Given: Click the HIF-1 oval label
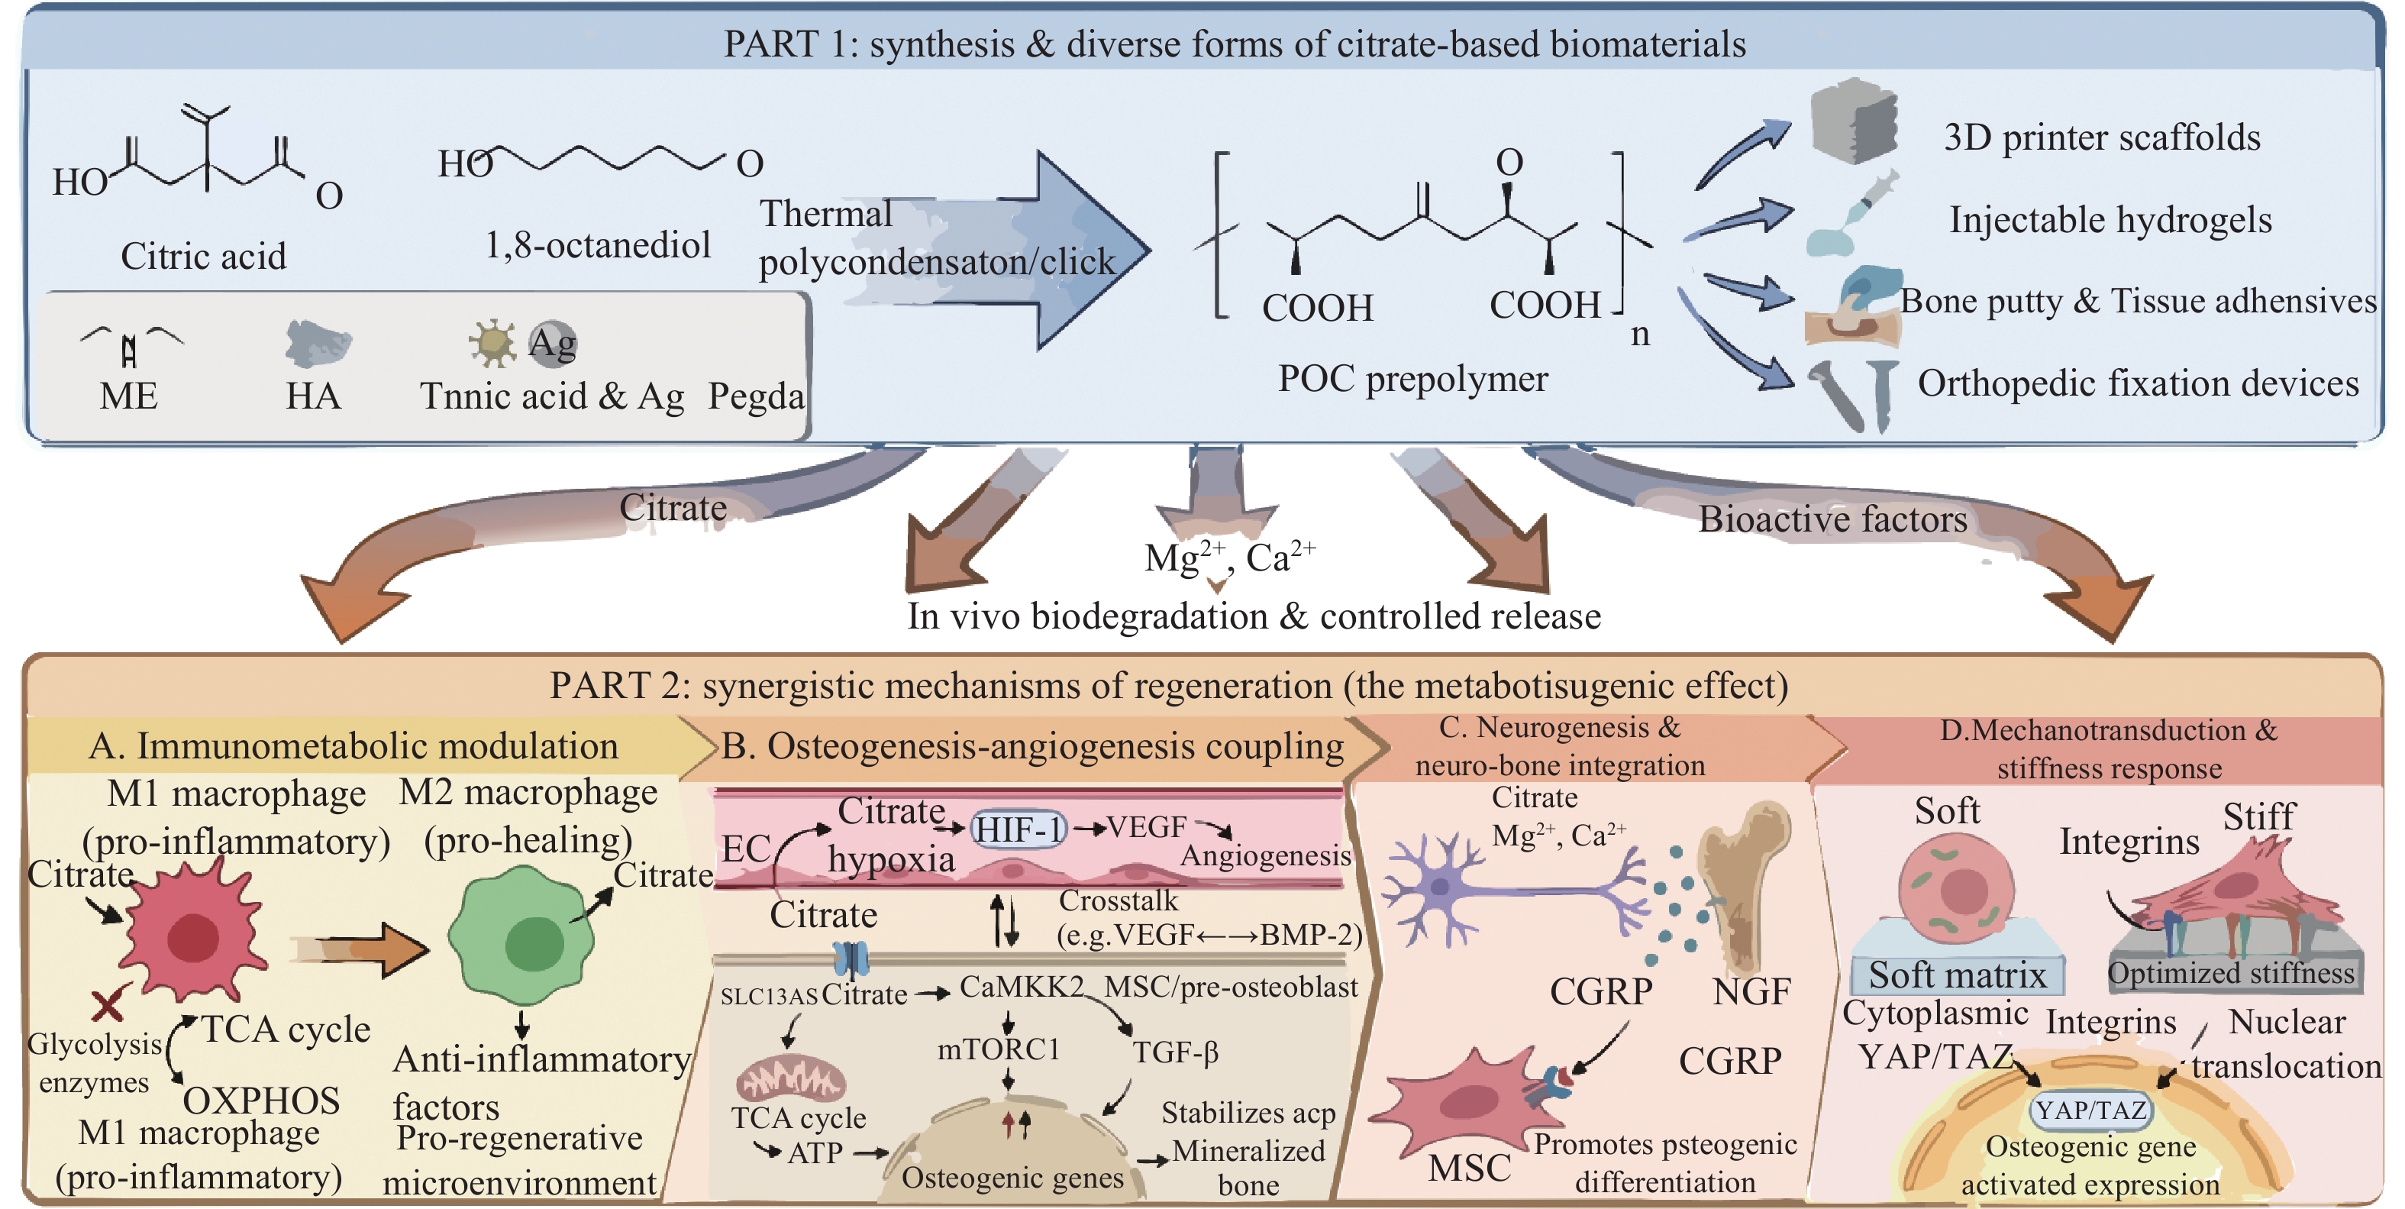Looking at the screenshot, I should tap(1018, 828).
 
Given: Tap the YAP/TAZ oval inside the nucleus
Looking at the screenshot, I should tap(2091, 1110).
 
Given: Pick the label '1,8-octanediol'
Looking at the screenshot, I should tap(598, 245).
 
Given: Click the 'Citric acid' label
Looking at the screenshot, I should tap(204, 257).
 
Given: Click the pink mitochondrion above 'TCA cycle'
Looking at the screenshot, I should tap(790, 1079).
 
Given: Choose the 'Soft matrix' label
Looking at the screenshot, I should tap(1957, 975).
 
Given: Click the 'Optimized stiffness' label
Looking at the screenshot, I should tap(2232, 974).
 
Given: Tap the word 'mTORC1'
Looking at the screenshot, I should tap(999, 1049).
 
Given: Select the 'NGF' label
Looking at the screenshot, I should tap(1751, 991).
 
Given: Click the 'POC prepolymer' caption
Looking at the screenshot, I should tap(1412, 379).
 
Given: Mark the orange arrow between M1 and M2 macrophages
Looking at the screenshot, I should tap(364, 950).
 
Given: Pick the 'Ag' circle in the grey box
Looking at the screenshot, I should tap(553, 343).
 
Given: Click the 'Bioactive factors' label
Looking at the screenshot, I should tap(1832, 519).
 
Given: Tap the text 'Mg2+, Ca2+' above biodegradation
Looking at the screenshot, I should tap(1229, 558).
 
